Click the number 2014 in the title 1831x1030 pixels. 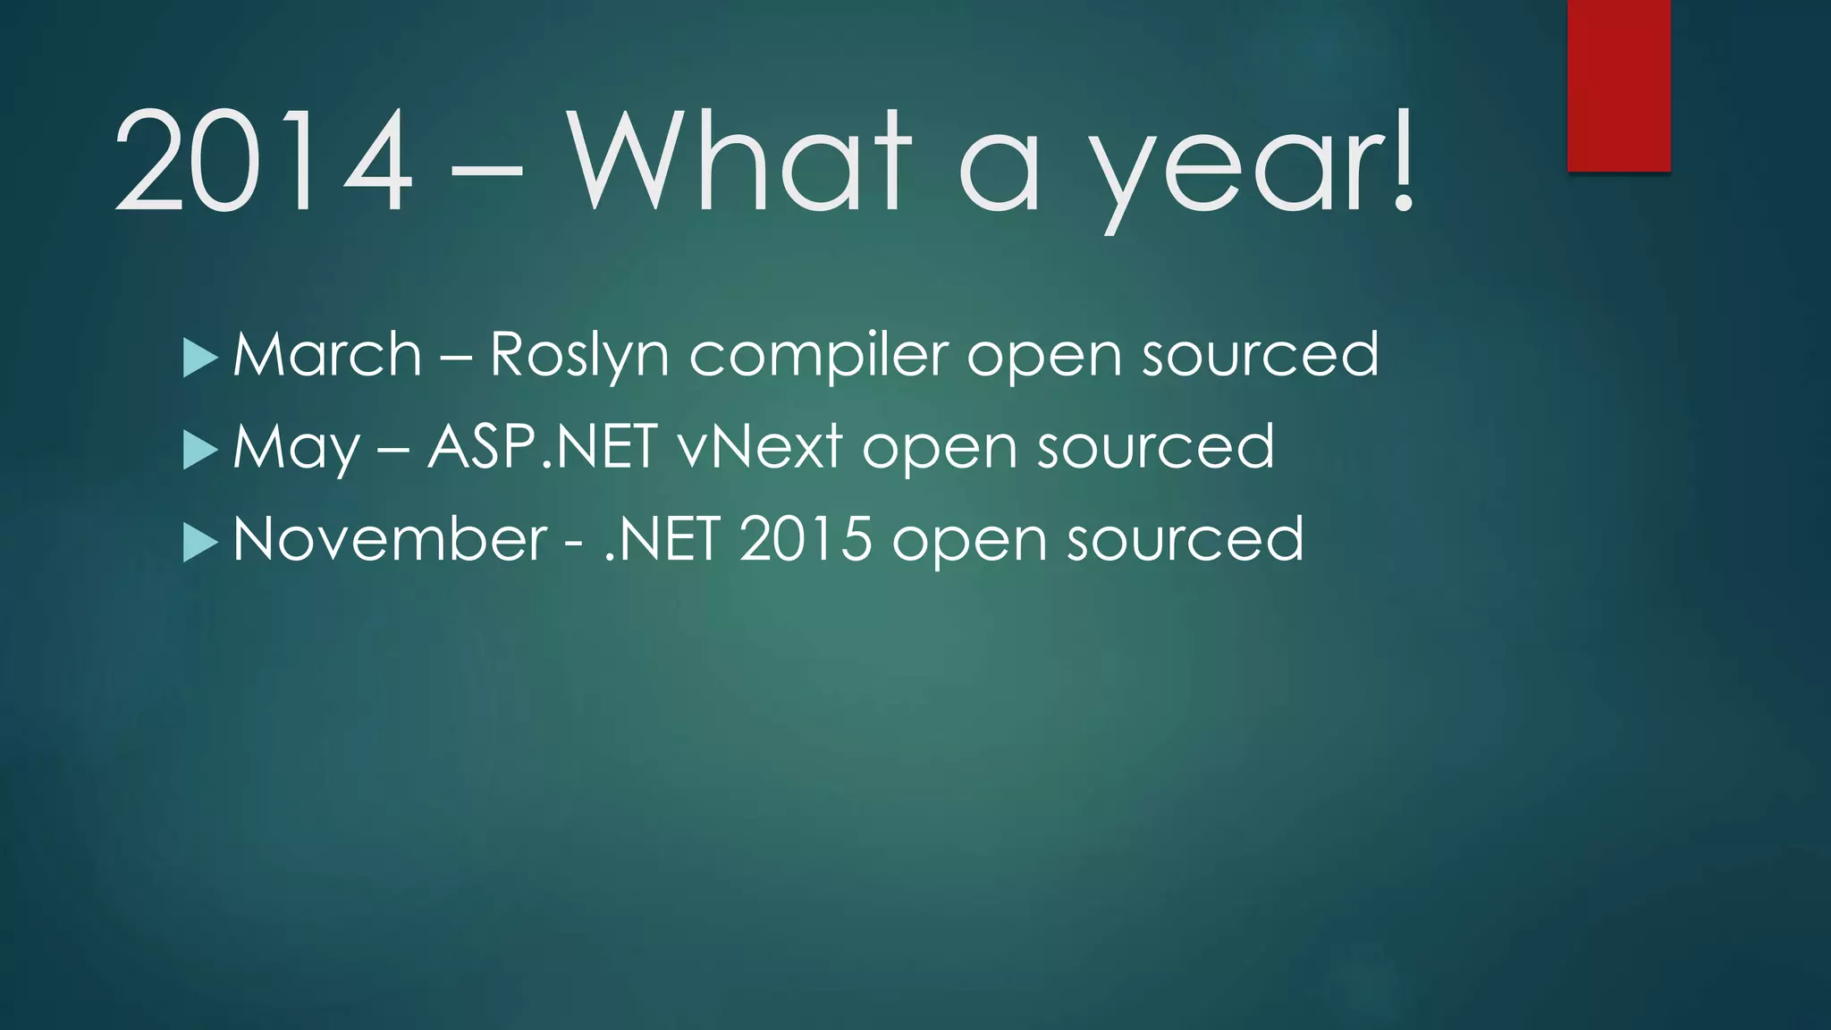(264, 161)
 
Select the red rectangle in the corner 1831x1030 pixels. (1618, 85)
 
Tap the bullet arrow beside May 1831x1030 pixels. (199, 450)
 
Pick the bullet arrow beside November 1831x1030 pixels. (199, 542)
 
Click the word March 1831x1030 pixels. (327, 354)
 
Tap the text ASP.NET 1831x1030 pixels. (543, 446)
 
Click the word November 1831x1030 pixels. (390, 539)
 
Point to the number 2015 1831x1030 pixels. (805, 539)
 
